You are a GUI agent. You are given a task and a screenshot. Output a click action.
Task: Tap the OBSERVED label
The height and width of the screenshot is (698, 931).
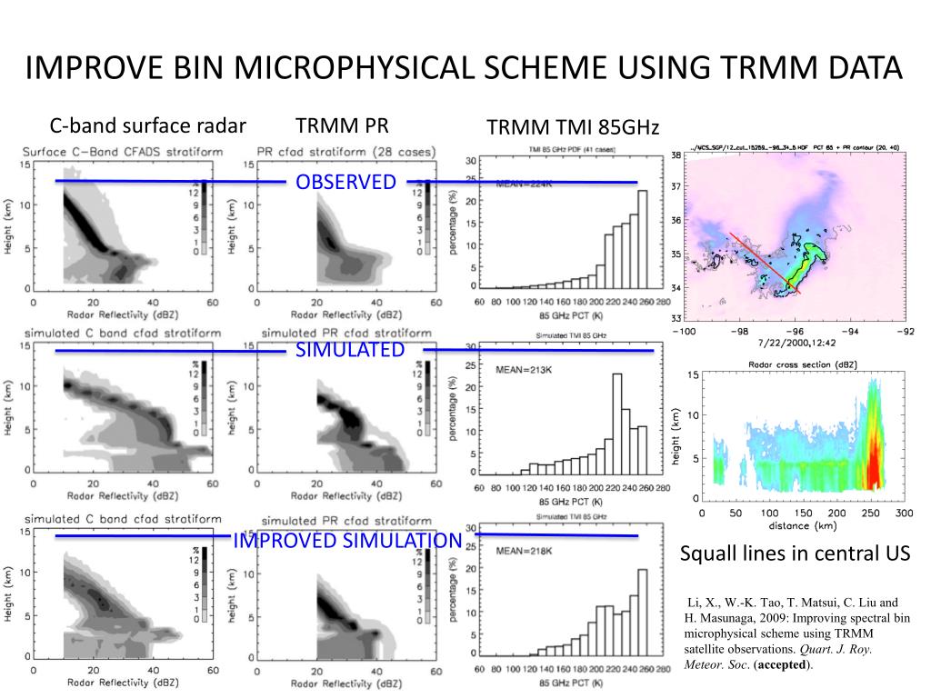[x=346, y=182]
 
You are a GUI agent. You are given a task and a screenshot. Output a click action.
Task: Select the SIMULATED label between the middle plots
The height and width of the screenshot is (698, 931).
[x=350, y=350]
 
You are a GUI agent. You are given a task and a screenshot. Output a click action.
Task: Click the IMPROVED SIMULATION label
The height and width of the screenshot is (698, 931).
[x=348, y=542]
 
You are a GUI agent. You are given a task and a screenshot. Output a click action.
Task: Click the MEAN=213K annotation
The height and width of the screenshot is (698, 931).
[x=524, y=370]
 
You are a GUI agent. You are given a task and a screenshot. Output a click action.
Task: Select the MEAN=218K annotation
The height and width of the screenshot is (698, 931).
[x=524, y=552]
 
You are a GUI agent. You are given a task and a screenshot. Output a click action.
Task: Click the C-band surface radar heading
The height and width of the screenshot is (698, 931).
[x=147, y=125]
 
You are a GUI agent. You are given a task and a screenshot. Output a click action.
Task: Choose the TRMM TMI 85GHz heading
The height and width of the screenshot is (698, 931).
[x=573, y=127]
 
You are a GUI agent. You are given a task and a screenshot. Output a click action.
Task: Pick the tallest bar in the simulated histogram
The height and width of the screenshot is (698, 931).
[x=616, y=423]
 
